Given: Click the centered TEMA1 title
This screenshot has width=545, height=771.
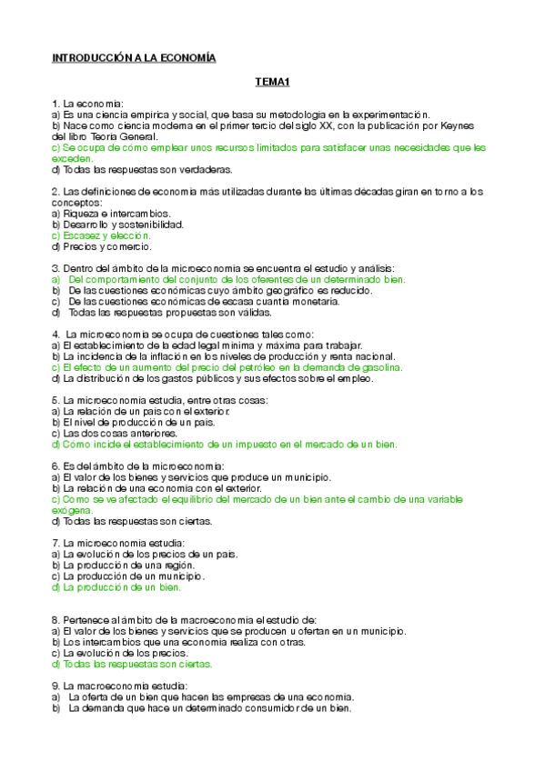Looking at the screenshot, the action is pos(272,83).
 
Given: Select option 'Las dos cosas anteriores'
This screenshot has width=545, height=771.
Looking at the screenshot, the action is pos(114,434).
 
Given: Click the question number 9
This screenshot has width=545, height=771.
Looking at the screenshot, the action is pos(56,686).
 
